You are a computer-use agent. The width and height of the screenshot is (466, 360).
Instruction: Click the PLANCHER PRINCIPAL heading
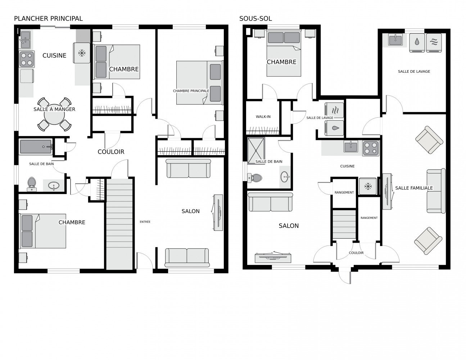point(48,19)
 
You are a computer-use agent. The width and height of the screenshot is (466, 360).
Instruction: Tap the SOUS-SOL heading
point(255,19)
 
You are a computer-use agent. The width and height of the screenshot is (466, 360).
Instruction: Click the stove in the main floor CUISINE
point(27,59)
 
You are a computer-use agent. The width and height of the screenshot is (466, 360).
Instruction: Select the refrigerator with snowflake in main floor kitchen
point(81,53)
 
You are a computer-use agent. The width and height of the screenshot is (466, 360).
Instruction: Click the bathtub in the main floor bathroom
point(36,147)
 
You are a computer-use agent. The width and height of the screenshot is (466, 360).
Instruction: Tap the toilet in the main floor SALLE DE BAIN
point(32,184)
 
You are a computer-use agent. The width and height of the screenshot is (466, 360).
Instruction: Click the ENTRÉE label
point(145,222)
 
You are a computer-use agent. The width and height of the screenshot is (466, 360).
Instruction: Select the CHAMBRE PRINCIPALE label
point(191,91)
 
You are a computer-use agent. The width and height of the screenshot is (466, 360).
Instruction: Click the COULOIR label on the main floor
point(111,152)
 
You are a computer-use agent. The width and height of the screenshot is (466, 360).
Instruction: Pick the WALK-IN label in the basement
point(263,117)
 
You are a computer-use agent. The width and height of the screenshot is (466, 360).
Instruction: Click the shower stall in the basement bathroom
point(256,151)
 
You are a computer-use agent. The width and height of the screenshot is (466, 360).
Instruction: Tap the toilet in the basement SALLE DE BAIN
point(254,178)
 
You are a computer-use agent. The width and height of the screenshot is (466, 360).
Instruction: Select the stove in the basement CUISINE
point(371,148)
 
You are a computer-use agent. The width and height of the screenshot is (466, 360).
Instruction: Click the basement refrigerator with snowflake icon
point(368,186)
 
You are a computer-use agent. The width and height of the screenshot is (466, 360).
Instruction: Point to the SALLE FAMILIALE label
point(414,188)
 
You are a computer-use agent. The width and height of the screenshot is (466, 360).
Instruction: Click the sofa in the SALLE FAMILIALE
point(436,191)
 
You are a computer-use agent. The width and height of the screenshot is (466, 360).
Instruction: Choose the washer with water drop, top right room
point(417,42)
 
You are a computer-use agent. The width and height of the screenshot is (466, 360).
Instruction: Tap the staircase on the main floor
point(119,224)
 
